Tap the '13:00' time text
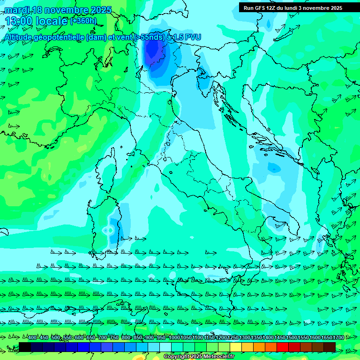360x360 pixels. [21, 21]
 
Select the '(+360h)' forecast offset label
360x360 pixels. [83, 21]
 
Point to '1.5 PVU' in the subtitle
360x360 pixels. [188, 37]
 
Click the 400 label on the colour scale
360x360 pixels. [32, 337]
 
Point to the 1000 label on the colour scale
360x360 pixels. [174, 337]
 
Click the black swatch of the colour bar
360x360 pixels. [25, 347]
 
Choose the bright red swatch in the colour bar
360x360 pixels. [283, 347]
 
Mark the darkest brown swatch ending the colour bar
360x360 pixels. [330, 347]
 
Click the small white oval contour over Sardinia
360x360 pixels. [107, 230]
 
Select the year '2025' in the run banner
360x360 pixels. [335, 8]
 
